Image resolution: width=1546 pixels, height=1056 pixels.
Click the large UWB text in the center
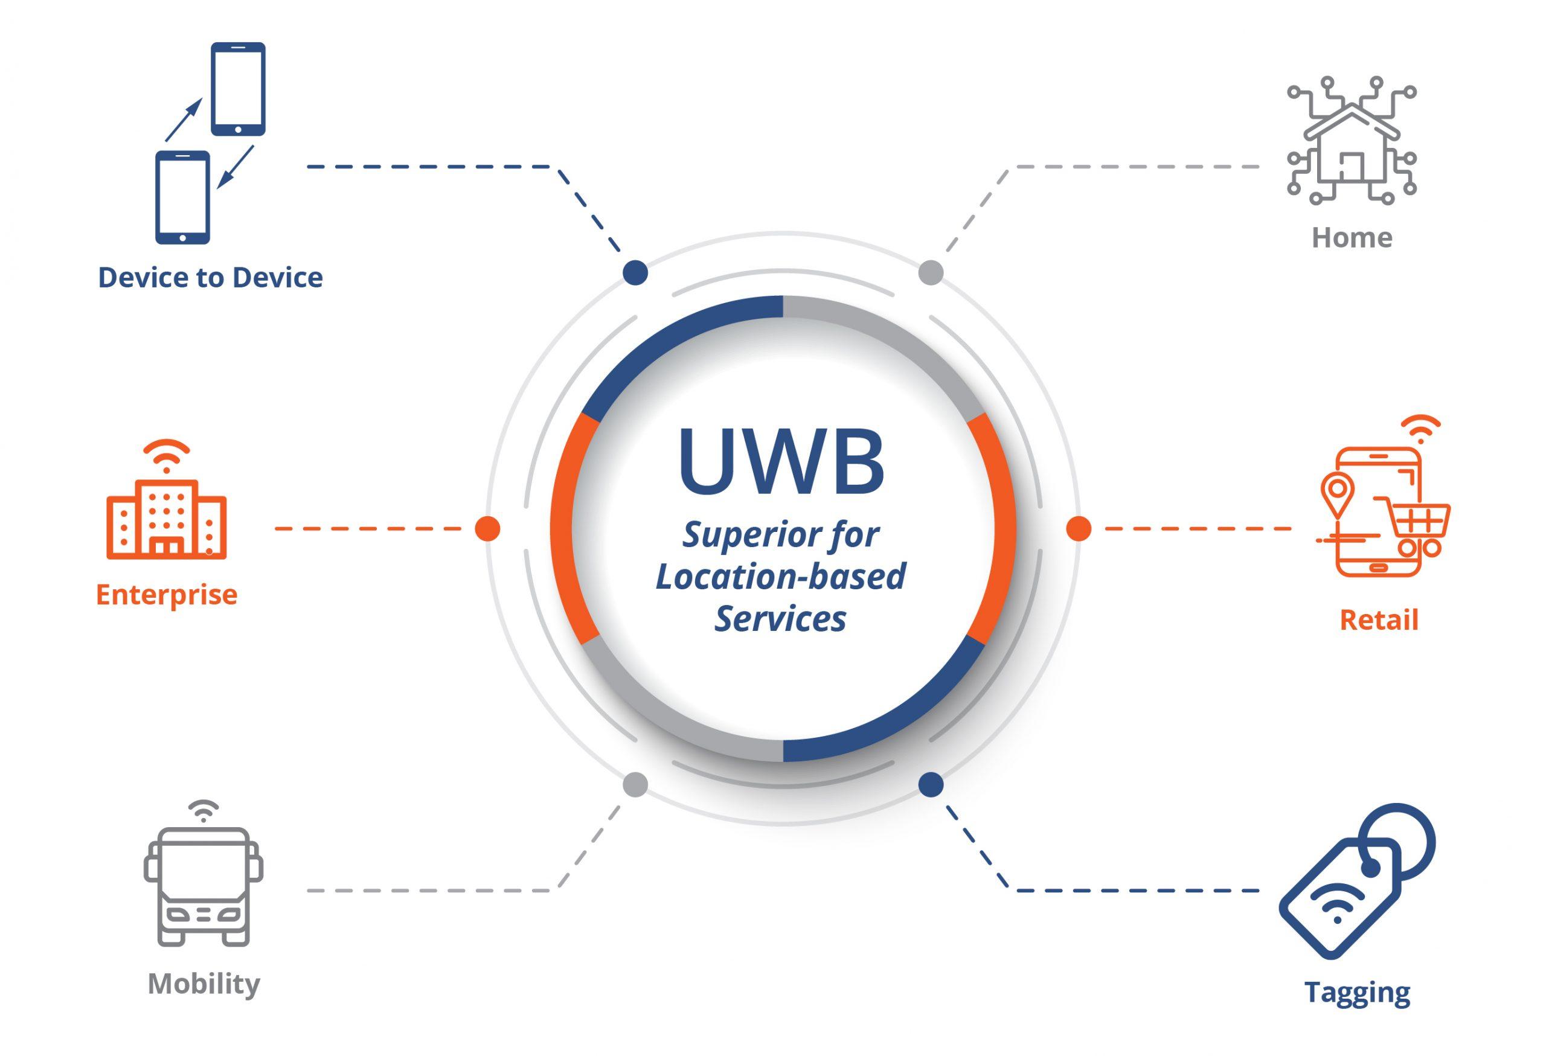781,461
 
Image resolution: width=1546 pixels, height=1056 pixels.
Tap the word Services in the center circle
780,619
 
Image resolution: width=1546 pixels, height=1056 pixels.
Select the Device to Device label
210,277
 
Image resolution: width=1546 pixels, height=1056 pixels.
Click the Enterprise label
166,594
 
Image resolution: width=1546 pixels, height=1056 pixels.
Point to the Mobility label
204,984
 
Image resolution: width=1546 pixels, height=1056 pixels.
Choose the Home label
1351,237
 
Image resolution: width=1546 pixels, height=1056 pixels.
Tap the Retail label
1378,619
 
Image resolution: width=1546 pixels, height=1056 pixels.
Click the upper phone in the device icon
238,88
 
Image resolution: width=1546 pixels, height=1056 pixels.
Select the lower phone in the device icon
182,197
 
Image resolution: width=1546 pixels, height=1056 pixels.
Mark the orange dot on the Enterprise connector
487,529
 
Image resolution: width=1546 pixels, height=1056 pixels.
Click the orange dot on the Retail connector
1079,529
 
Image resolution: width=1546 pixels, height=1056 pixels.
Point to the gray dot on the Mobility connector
635,785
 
